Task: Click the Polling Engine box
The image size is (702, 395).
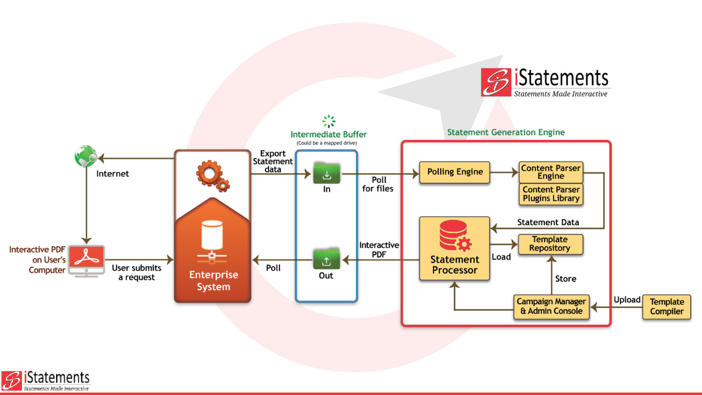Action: click(454, 172)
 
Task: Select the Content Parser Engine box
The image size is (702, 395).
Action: click(550, 172)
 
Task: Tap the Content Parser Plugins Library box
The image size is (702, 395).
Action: click(550, 194)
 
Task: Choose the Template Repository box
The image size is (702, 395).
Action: click(549, 244)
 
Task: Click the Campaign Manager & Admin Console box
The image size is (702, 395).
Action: click(551, 306)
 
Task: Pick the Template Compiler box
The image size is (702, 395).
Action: click(666, 307)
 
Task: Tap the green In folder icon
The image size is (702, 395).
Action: click(327, 174)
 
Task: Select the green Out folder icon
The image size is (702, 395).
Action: click(326, 260)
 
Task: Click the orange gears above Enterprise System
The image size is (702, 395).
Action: click(213, 176)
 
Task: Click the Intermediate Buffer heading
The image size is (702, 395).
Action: click(329, 134)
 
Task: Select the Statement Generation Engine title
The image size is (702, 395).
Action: click(506, 132)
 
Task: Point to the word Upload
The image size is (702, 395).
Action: click(627, 300)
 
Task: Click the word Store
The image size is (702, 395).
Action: click(565, 279)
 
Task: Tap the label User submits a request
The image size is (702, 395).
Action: click(136, 273)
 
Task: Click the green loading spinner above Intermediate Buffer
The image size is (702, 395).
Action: click(329, 121)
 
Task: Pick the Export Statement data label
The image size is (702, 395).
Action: click(273, 161)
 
